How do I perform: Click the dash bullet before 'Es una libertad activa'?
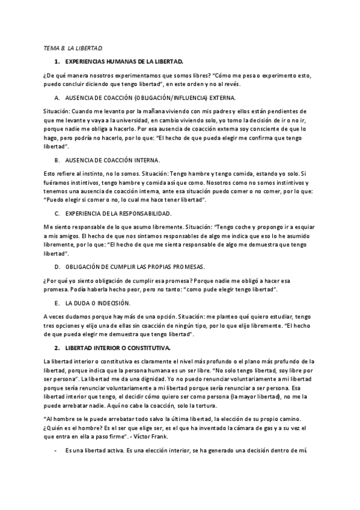point(56,450)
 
